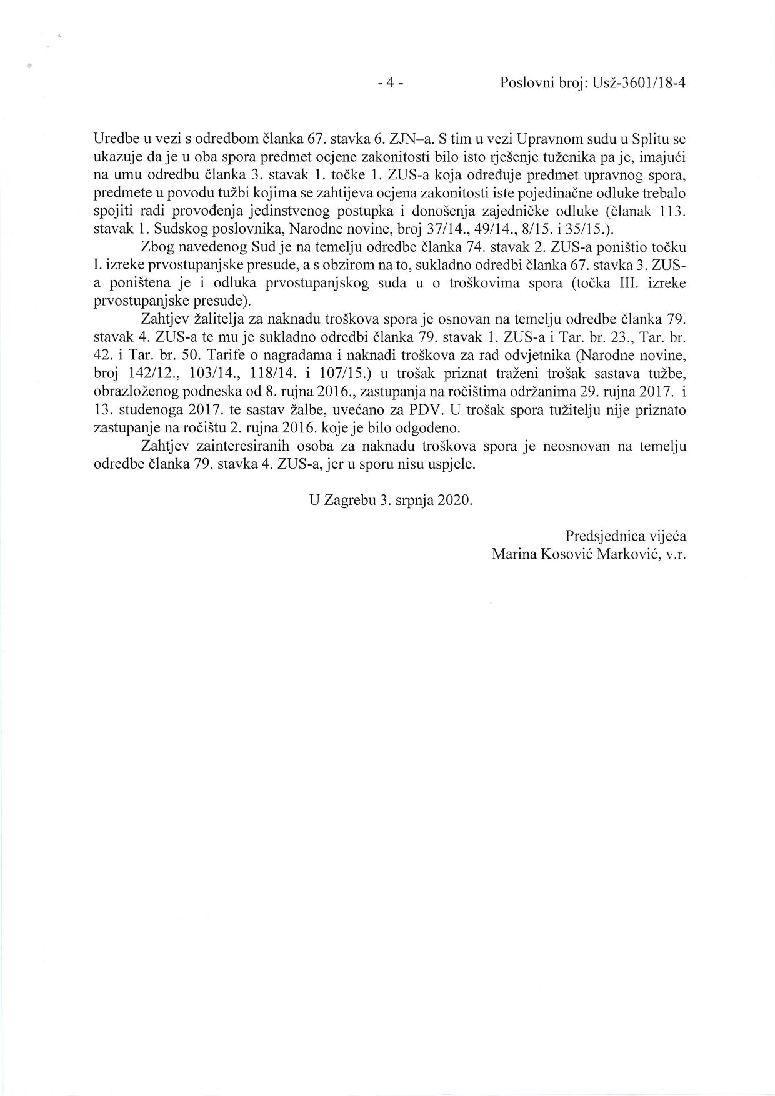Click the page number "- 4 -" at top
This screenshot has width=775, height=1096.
point(391,84)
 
